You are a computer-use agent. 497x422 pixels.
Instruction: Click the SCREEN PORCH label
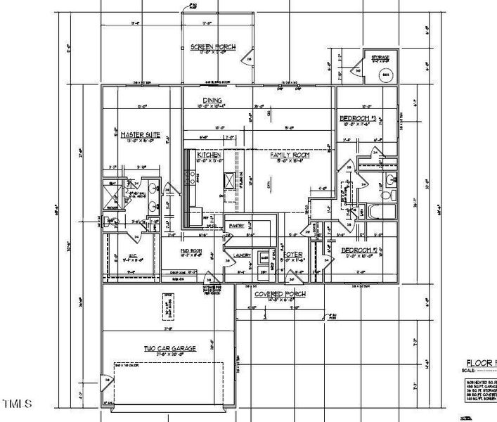pyautogui.click(x=213, y=47)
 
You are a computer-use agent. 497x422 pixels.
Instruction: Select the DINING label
pyautogui.click(x=212, y=101)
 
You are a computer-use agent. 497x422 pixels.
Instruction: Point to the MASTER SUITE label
pyautogui.click(x=140, y=134)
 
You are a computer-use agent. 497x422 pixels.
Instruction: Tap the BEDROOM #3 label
pyautogui.click(x=359, y=118)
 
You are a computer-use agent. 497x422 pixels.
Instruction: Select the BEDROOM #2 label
pyautogui.click(x=360, y=250)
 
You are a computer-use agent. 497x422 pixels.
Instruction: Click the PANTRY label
pyautogui.click(x=235, y=226)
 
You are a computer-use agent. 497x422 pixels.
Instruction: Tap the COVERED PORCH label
pyautogui.click(x=280, y=293)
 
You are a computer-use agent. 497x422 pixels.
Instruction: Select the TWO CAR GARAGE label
pyautogui.click(x=170, y=348)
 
